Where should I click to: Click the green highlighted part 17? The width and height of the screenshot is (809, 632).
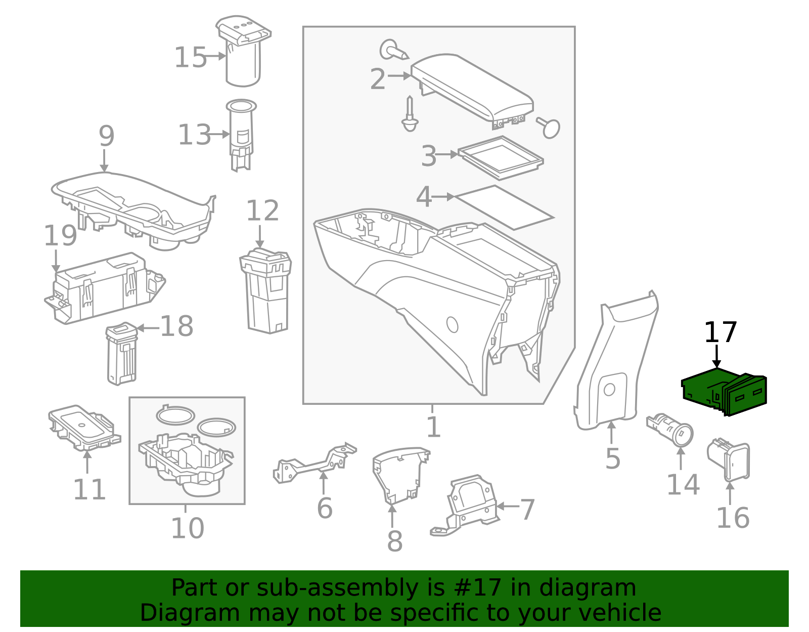click(723, 392)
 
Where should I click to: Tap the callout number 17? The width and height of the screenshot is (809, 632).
click(721, 333)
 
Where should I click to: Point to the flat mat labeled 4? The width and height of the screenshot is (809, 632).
click(503, 207)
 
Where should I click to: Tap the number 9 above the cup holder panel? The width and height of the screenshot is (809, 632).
click(106, 136)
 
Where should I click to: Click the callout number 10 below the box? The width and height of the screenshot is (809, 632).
click(187, 528)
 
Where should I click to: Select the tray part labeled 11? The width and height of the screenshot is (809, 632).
click(83, 428)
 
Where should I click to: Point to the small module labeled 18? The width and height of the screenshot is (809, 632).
click(121, 354)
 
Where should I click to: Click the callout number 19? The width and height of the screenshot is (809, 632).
click(60, 236)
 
